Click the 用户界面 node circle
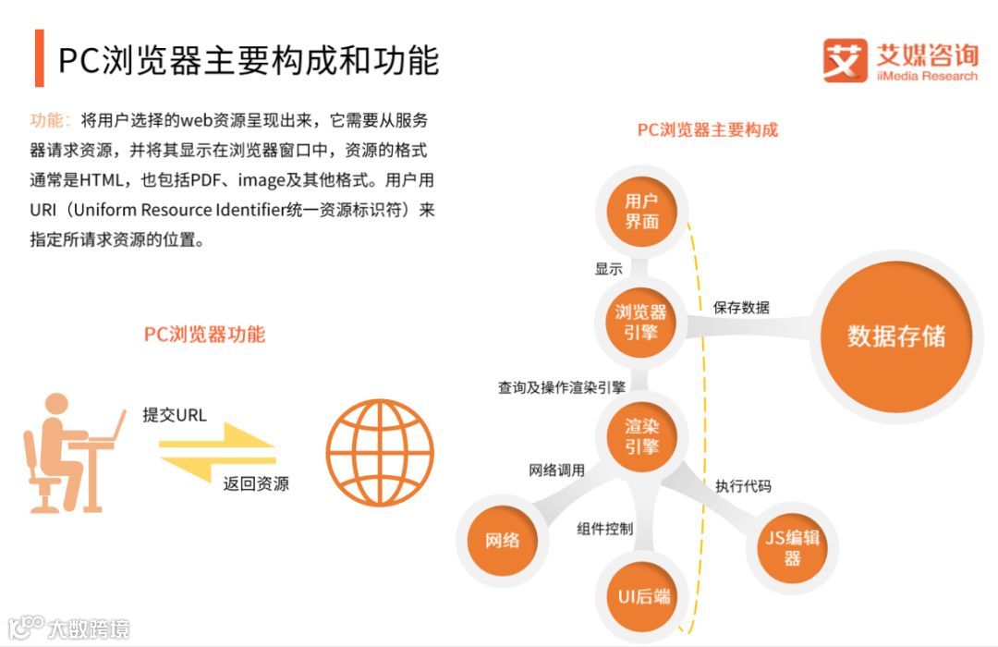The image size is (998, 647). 641,212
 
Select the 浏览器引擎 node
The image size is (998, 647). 641,321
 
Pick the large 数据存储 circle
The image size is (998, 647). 896,335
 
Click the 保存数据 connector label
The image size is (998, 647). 740,308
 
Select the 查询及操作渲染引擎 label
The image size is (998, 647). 561,387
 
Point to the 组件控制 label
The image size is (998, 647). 604,529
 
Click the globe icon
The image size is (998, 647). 379,452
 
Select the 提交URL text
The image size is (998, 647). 175,414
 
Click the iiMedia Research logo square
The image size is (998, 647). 845,61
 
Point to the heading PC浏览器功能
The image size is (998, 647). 204,335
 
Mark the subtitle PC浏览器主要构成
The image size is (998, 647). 708,129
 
